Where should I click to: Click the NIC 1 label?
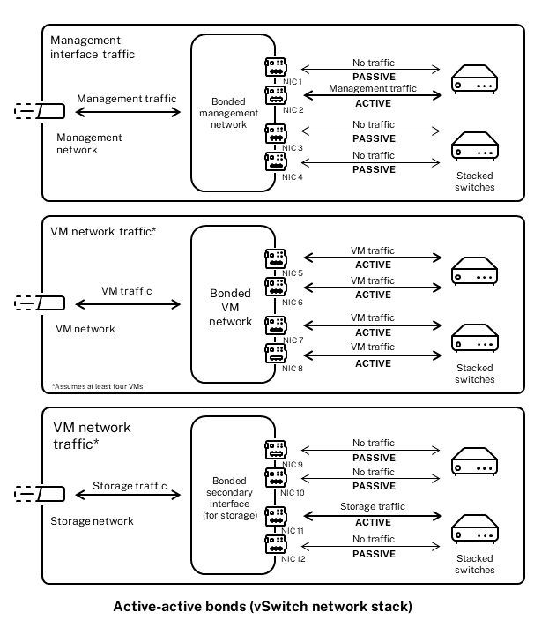coord(292,82)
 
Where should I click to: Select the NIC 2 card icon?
coord(274,93)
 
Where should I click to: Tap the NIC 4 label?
coord(292,177)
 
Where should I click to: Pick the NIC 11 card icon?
coord(274,515)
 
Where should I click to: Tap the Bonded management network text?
coord(229,113)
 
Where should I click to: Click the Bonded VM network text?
coord(230,306)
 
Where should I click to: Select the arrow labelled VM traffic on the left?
coord(127,304)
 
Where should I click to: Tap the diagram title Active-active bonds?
coord(263,607)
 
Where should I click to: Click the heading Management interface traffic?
coord(98,48)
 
